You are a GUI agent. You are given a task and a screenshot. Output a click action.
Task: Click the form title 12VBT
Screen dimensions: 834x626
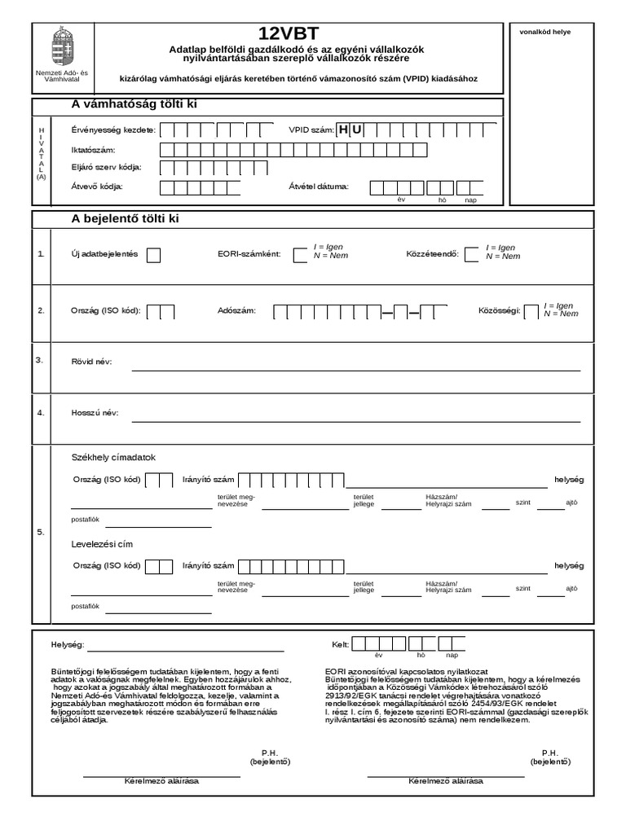289,33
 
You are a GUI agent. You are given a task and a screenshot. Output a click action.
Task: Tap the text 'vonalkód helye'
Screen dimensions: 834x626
545,32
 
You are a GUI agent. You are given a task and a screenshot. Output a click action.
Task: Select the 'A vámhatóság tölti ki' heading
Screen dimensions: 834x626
134,104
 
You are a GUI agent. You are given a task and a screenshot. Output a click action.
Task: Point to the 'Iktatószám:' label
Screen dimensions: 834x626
94,151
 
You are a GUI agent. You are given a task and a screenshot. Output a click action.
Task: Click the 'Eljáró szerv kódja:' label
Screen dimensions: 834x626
107,168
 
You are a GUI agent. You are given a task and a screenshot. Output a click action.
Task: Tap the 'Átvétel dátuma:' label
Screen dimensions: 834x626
319,187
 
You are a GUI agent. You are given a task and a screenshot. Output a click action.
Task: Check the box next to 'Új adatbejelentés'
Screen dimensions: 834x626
153,255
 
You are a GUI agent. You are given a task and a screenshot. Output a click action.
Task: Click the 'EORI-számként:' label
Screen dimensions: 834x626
249,253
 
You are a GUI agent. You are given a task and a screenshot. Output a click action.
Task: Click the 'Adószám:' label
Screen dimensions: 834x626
237,311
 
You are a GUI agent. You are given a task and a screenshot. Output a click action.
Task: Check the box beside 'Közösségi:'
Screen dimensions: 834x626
531,312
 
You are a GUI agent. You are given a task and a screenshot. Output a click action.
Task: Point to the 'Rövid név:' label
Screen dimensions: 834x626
92,362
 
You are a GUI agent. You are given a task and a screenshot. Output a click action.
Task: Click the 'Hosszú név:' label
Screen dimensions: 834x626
95,413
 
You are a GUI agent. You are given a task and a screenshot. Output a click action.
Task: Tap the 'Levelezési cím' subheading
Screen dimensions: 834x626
103,543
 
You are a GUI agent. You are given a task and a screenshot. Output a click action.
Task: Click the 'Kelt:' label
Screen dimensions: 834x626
340,644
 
